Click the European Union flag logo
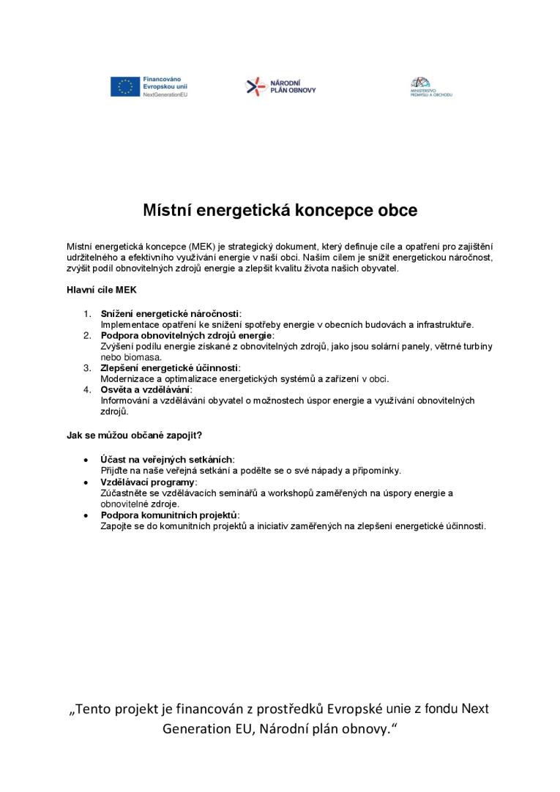coord(124,87)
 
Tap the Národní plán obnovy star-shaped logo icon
coord(253,86)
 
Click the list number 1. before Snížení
coord(87,313)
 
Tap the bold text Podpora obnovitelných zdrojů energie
coord(186,335)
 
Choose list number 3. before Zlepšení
coord(87,367)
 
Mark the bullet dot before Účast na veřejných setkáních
coord(88,460)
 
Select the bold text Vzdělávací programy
coord(148,482)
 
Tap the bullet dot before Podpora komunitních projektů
coord(88,515)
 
